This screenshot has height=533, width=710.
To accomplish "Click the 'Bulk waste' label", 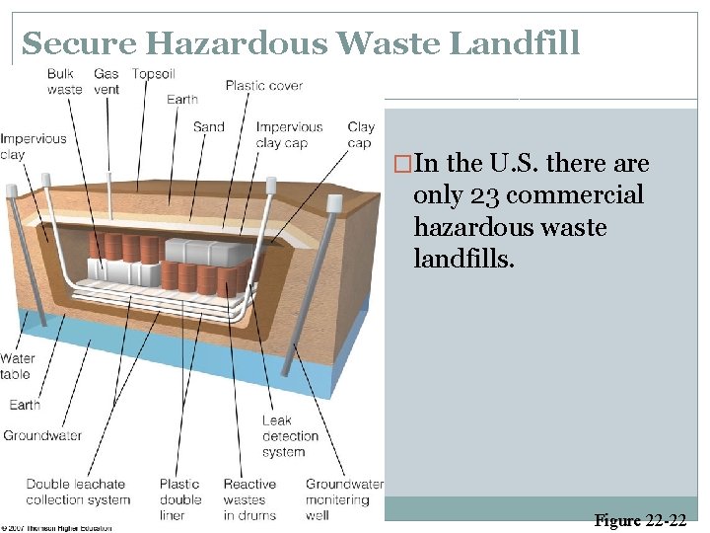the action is pyautogui.click(x=64, y=82).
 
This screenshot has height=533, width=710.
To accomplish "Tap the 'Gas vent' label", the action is pyautogui.click(x=106, y=82).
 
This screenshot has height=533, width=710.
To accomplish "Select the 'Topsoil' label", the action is pyautogui.click(x=154, y=74).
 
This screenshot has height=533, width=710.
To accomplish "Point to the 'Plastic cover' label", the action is pyautogui.click(x=263, y=86).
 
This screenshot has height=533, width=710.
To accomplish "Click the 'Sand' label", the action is pyautogui.click(x=208, y=126).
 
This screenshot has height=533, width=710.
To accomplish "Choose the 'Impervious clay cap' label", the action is pyautogui.click(x=289, y=134).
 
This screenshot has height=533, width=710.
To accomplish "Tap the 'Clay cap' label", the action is pyautogui.click(x=361, y=134).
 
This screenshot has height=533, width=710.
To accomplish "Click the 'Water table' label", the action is pyautogui.click(x=16, y=366).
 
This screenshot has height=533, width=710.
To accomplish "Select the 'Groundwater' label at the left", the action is pyautogui.click(x=41, y=435).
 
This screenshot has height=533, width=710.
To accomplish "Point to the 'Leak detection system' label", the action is pyautogui.click(x=290, y=436).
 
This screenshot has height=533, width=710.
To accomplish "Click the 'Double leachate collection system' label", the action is pyautogui.click(x=78, y=492).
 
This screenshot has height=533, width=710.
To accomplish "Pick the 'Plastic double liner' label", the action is pyautogui.click(x=179, y=499).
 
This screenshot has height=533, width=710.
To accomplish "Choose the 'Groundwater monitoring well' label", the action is pyautogui.click(x=344, y=499).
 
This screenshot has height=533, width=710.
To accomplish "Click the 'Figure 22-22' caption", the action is pyautogui.click(x=641, y=520).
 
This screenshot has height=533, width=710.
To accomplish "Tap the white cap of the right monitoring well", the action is pyautogui.click(x=334, y=202).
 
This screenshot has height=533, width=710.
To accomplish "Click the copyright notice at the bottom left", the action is pyautogui.click(x=56, y=528).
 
